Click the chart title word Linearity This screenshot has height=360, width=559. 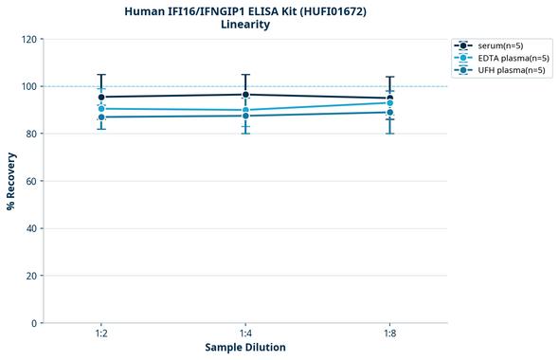tap(244, 25)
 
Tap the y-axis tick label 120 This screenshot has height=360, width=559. tap(29, 39)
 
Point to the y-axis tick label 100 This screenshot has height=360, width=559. tap(29, 86)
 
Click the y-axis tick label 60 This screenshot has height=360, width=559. tap(32, 181)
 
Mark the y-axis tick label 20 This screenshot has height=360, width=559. tap(32, 276)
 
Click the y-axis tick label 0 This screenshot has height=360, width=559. tap(35, 323)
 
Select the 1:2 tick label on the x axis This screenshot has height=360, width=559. tap(101, 333)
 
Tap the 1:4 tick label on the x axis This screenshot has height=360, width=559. tap(245, 333)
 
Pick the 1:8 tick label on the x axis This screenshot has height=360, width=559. tap(389, 333)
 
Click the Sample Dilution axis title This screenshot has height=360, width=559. tap(245, 348)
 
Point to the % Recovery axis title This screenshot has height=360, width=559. tap(11, 181)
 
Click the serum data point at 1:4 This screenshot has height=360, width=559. tap(245, 95)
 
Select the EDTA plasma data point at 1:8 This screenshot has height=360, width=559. tap(389, 102)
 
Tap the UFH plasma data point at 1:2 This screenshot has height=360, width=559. tap(101, 117)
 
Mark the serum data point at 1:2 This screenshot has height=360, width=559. tap(101, 97)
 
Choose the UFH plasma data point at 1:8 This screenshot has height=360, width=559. tap(389, 112)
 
